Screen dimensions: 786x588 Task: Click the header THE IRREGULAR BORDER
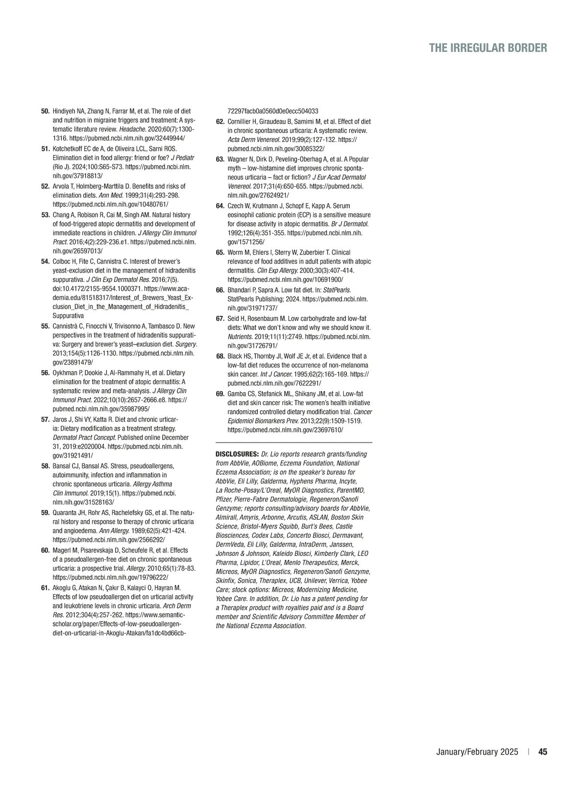pos(488,48)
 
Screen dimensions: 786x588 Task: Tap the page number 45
pos(542,752)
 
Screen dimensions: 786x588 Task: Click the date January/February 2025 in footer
pos(477,752)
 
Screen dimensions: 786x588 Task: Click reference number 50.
pos(45,111)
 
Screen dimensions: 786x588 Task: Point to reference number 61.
pos(45,588)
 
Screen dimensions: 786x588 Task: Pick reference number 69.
pos(220,394)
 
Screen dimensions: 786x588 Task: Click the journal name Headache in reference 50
pos(131,129)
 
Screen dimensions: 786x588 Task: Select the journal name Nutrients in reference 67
pos(240,337)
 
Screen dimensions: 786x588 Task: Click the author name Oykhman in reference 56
pos(64,372)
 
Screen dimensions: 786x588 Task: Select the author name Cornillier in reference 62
pos(240,121)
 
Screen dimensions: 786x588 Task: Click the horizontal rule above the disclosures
pos(294,442)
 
